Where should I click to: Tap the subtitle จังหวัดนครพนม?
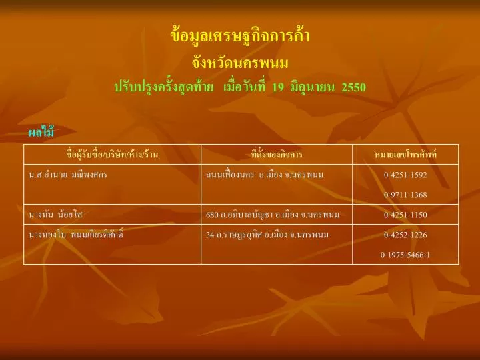[x=240, y=63]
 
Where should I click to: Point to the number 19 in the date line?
[x=277, y=87]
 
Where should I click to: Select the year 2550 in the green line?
[x=353, y=87]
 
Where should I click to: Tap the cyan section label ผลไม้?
[x=41, y=131]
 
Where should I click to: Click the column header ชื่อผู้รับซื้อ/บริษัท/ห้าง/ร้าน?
[x=113, y=154]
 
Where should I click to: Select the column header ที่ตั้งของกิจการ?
[x=277, y=154]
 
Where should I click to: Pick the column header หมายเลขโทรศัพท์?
[x=405, y=154]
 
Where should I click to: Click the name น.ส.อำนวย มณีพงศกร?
[x=67, y=175]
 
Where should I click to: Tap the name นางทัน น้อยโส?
[x=55, y=214]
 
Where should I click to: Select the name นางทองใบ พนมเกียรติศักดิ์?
[x=75, y=235]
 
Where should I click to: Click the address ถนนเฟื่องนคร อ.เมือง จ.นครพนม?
[x=265, y=175]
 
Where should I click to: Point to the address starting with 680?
[x=273, y=214]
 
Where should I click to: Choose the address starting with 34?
[x=267, y=235]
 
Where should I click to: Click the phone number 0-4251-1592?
[x=405, y=175]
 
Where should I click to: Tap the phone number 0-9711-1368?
[x=405, y=195]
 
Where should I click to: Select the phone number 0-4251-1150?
[x=405, y=215]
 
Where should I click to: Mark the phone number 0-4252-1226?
[x=405, y=235]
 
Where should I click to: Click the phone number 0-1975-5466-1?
[x=405, y=255]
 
